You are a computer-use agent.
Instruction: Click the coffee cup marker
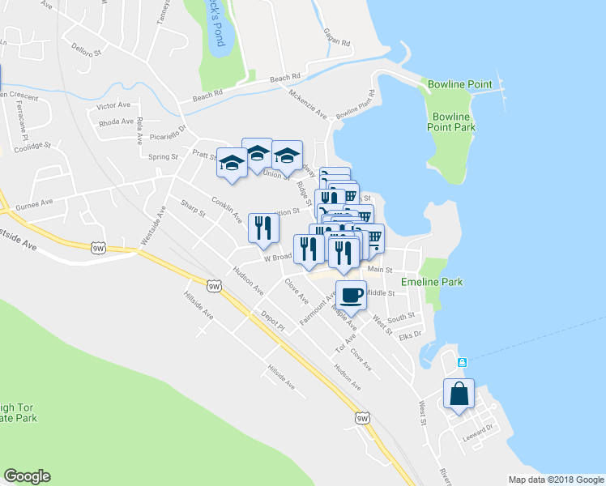pos(351,296)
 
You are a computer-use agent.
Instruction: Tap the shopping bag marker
pos(459,395)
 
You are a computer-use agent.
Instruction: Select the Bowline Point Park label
pos(453,122)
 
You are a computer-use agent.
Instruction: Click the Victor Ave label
pos(113,105)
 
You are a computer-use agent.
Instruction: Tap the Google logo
pos(27,476)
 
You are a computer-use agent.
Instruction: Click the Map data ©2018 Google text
pos(555,479)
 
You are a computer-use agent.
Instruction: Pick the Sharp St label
pos(194,209)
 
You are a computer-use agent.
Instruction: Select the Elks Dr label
pos(411,334)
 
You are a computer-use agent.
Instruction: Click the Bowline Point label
pos(458,84)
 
